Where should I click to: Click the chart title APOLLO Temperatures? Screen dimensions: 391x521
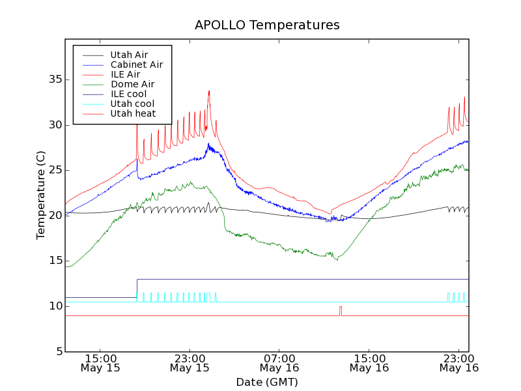(267, 25)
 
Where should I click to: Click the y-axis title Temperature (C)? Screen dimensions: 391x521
(41, 195)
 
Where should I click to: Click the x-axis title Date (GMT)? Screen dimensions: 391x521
(267, 382)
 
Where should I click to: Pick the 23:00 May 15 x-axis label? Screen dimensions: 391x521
(190, 363)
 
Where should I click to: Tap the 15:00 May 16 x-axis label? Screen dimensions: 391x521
(369, 363)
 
